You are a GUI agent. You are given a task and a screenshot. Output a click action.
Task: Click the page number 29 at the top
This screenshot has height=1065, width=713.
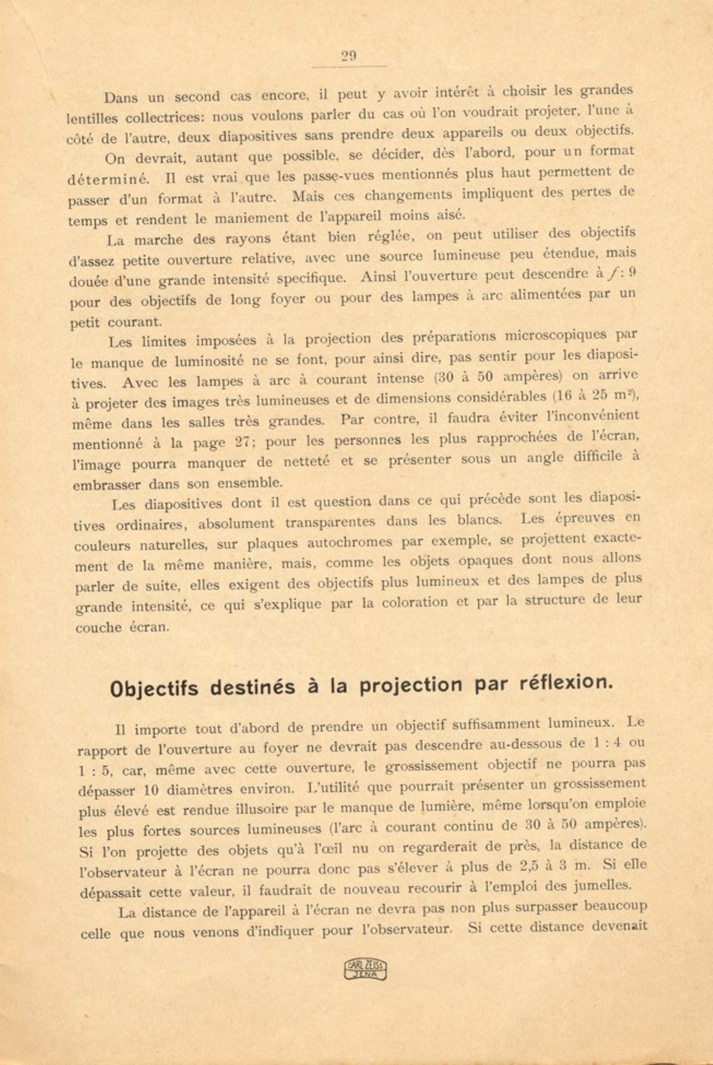click(349, 56)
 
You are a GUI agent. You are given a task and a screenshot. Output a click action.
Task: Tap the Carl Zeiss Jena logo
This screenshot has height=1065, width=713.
click(365, 969)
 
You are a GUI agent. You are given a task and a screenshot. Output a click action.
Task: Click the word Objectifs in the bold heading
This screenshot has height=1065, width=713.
click(154, 688)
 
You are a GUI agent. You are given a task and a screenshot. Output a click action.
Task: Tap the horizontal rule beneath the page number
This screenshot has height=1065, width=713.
click(349, 67)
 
